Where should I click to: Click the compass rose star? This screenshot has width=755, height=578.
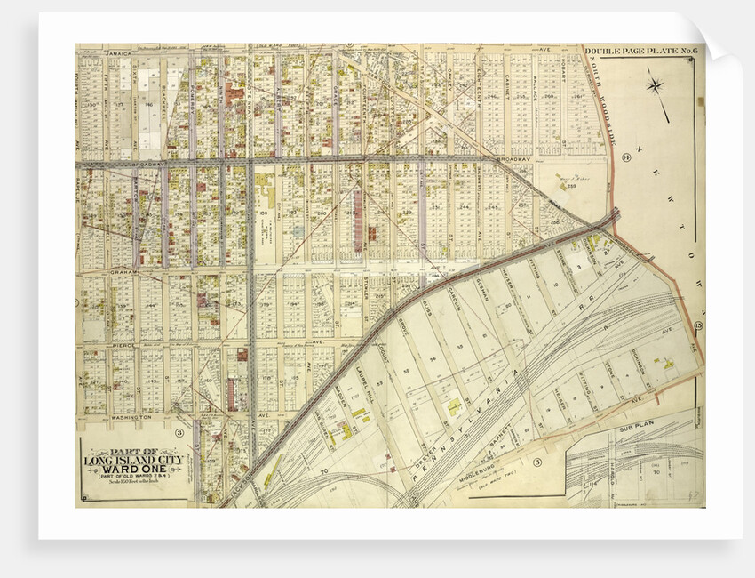pyautogui.click(x=656, y=86)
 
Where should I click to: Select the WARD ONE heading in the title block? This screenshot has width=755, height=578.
pyautogui.click(x=135, y=469)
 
